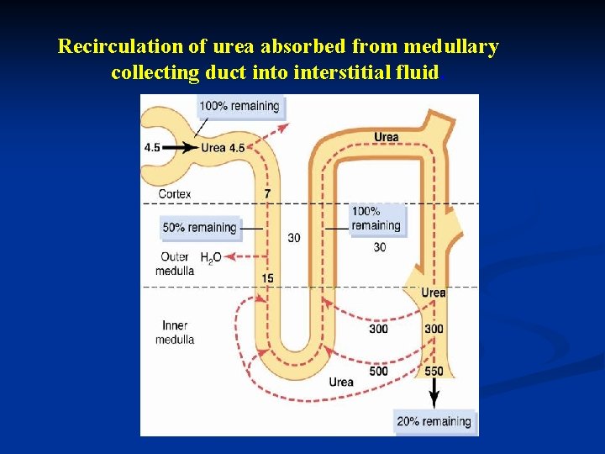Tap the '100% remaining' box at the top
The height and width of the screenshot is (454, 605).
pos(239,106)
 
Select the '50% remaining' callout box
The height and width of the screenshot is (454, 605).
pos(199,228)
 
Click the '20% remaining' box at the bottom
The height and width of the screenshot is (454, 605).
pos(434,421)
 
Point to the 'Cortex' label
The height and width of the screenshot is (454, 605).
pos(175,193)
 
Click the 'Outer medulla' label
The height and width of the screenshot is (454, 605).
pos(175,263)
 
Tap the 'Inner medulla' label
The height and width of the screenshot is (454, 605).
pos(175,332)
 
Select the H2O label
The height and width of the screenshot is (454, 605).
pos(210,256)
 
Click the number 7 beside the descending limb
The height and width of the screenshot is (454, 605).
pos(266,193)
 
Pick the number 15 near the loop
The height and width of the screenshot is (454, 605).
pos(267,278)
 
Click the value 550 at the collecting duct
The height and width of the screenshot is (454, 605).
pos(434,371)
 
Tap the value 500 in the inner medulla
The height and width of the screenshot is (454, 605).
pos(378,371)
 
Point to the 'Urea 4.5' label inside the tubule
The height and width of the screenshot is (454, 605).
pos(223,147)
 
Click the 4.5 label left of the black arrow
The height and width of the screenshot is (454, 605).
pos(151,147)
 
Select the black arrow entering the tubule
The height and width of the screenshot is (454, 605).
pos(180,147)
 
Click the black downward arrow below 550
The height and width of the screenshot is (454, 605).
pos(434,393)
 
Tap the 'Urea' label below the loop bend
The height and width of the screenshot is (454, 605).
pos(341,383)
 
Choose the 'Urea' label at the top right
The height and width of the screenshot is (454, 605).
pos(387,137)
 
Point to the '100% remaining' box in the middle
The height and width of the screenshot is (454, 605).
pos(376,219)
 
